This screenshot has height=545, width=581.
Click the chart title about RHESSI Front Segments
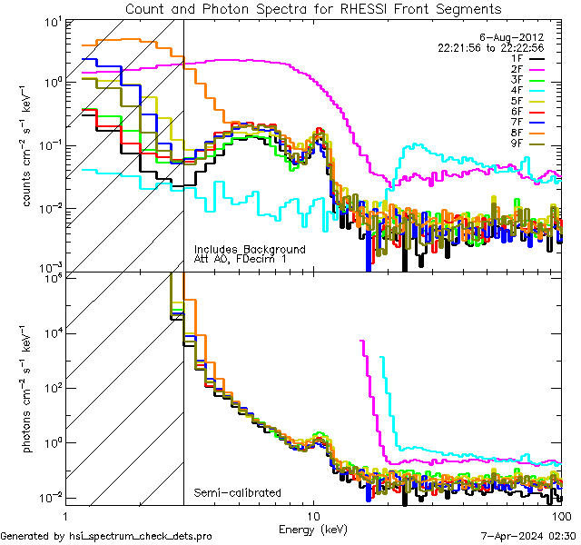click(x=313, y=8)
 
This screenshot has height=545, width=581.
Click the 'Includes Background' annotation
click(x=250, y=249)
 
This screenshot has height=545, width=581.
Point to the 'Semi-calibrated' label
click(x=237, y=493)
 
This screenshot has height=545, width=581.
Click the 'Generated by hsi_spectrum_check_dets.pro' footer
click(x=106, y=536)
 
